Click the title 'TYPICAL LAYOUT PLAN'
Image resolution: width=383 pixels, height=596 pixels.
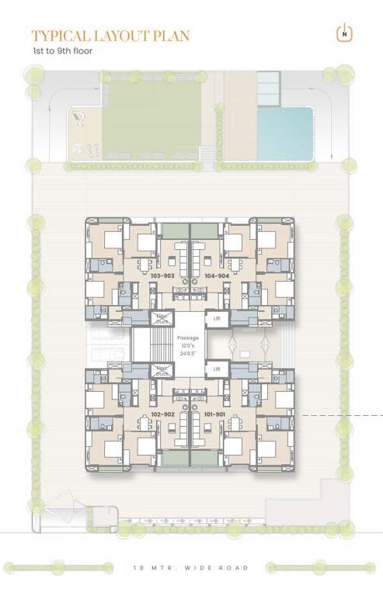coord(110,36)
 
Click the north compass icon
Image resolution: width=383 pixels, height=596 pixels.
coord(342,33)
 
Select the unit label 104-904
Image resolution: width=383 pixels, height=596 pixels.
coord(217,275)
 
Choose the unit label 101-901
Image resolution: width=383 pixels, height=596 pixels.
coord(217,414)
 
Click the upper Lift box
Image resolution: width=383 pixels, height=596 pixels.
coord(217,319)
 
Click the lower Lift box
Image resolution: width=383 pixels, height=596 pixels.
coord(217,369)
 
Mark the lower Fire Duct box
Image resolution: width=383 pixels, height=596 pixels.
coord(162,370)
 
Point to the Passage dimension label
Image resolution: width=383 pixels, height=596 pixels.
coord(189,345)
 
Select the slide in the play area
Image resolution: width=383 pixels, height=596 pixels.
coord(78,119)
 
